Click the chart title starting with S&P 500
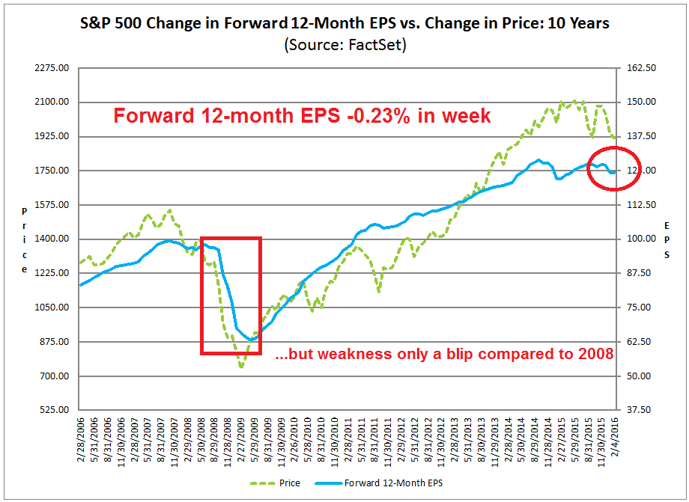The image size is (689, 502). click(x=344, y=23)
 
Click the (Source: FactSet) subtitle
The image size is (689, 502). click(x=344, y=44)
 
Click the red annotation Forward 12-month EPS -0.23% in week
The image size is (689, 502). click(x=302, y=116)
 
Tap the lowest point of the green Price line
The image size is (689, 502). click(x=241, y=367)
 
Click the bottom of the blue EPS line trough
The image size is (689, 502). click(x=252, y=340)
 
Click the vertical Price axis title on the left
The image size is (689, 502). click(x=24, y=239)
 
